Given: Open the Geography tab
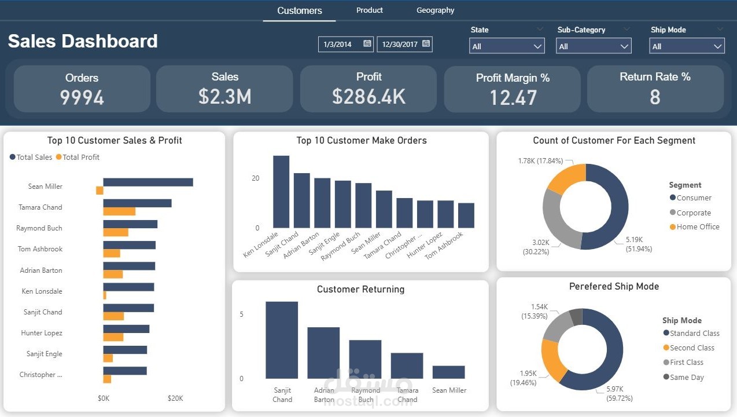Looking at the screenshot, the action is click(435, 10).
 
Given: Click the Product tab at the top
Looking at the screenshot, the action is click(370, 10).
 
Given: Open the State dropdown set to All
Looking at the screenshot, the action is click(507, 46).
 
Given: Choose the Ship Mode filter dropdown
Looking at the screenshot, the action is click(687, 46).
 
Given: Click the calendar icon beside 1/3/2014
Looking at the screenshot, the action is click(367, 43).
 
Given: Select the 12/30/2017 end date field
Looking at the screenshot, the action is click(404, 44).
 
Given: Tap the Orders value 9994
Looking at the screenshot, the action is click(82, 97).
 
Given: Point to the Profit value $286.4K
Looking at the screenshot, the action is click(368, 97).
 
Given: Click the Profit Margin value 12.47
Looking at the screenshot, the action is click(513, 98).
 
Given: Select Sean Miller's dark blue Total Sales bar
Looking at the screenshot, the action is click(148, 182).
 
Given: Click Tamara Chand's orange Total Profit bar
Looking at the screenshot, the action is click(119, 211).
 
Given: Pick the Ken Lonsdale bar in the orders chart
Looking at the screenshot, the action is click(281, 192).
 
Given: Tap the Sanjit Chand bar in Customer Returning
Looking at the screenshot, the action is click(282, 340).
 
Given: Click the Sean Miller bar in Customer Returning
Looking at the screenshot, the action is click(448, 372).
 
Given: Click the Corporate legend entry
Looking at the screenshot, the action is click(690, 213).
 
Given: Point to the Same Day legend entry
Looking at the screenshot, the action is click(683, 377).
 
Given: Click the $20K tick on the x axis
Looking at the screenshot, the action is click(175, 398).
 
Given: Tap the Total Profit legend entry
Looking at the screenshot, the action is click(78, 157).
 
